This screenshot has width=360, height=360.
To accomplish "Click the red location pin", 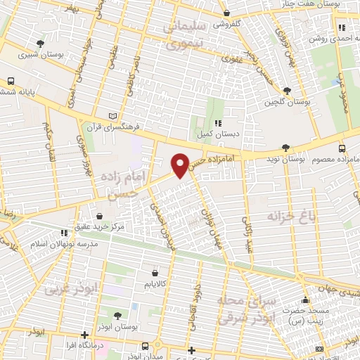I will click(x=181, y=165).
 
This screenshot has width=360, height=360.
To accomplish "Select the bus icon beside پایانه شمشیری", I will click(x=11, y=81).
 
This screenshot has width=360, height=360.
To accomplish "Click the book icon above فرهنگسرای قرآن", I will click(x=114, y=116).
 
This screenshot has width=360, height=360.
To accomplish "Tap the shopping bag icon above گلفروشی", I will click(x=226, y=13).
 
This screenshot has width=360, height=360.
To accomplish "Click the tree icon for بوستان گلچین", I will click(x=287, y=91).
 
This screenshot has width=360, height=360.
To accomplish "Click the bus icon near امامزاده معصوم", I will click(x=342, y=148).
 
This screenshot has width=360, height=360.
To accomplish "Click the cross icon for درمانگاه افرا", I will click(x=85, y=335).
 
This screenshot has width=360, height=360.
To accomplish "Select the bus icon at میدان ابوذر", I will click(x=145, y=346).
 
